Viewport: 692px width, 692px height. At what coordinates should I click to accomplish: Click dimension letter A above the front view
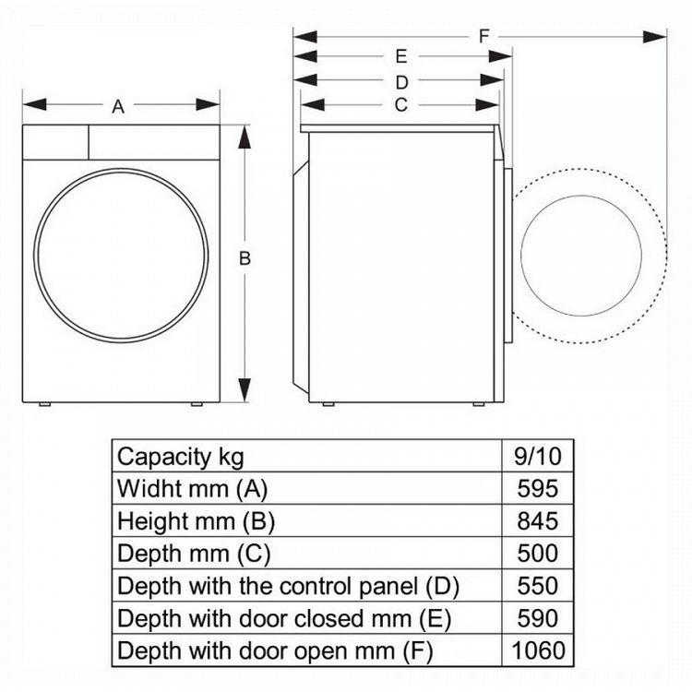pos(118,107)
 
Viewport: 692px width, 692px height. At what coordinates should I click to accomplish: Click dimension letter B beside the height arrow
pos(245,259)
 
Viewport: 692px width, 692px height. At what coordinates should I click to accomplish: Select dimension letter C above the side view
pos(400,105)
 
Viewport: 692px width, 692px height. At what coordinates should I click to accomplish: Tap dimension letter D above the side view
pos(401,82)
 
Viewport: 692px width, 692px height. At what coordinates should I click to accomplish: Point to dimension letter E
pos(401,57)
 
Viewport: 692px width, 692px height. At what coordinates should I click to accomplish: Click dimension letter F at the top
pos(483,36)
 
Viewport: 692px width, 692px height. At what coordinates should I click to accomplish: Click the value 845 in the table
pos(539,520)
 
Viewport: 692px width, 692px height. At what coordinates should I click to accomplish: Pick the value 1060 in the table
pos(539,650)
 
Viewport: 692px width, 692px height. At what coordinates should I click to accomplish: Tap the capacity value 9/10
pos(539,456)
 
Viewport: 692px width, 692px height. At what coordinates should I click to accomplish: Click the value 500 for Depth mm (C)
pos(539,553)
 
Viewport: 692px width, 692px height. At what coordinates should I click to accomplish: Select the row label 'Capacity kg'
pos(181,456)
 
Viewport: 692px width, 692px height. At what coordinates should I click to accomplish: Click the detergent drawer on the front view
pos(55,142)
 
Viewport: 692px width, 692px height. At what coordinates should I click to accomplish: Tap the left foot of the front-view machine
pos(43,405)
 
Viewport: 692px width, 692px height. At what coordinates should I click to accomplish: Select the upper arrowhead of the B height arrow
pos(244,133)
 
